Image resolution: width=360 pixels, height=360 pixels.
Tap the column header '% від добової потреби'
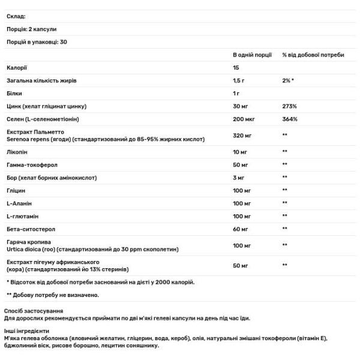coord(313,55)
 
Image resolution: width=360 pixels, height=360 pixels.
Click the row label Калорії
coord(17,67)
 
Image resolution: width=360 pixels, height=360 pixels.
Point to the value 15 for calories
coord(236,67)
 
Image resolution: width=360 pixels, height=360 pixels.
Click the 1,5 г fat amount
coord(239,80)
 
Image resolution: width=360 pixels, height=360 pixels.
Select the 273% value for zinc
coord(289,106)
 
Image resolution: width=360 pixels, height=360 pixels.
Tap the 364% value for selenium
coord(289,118)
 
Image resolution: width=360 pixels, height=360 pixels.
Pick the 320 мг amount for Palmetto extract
coord(242,135)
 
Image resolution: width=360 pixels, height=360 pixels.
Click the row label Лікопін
coord(18,152)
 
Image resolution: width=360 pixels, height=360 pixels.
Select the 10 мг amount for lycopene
coord(241,152)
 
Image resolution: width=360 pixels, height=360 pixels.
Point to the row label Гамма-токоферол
coord(31,165)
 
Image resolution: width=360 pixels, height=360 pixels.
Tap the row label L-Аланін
coord(19,203)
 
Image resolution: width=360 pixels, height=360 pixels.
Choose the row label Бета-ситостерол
coord(29,229)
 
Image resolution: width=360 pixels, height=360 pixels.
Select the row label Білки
coord(15,92)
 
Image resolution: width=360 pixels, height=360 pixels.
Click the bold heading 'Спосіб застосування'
coord(34,311)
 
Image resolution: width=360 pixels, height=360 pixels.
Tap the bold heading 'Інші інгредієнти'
coord(28,331)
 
